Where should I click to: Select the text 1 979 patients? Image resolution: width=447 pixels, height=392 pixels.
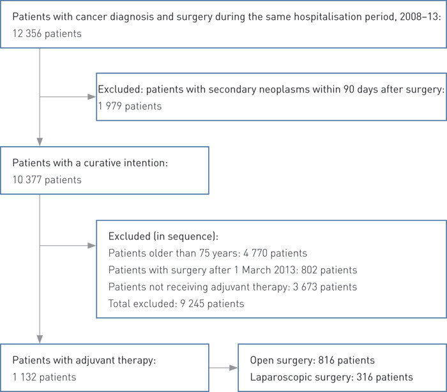[x=130, y=106]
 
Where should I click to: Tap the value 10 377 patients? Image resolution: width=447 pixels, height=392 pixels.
[x=47, y=179]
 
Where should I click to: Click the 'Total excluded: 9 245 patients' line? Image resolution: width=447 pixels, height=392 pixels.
[x=176, y=303]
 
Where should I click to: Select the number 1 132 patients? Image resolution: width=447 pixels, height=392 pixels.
[x=44, y=377]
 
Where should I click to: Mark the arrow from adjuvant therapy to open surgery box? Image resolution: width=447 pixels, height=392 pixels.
[x=223, y=368]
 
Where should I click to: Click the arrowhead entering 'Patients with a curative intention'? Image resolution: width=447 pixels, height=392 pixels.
[x=40, y=142]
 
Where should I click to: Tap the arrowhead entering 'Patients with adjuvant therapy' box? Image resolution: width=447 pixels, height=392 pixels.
[x=40, y=338]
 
